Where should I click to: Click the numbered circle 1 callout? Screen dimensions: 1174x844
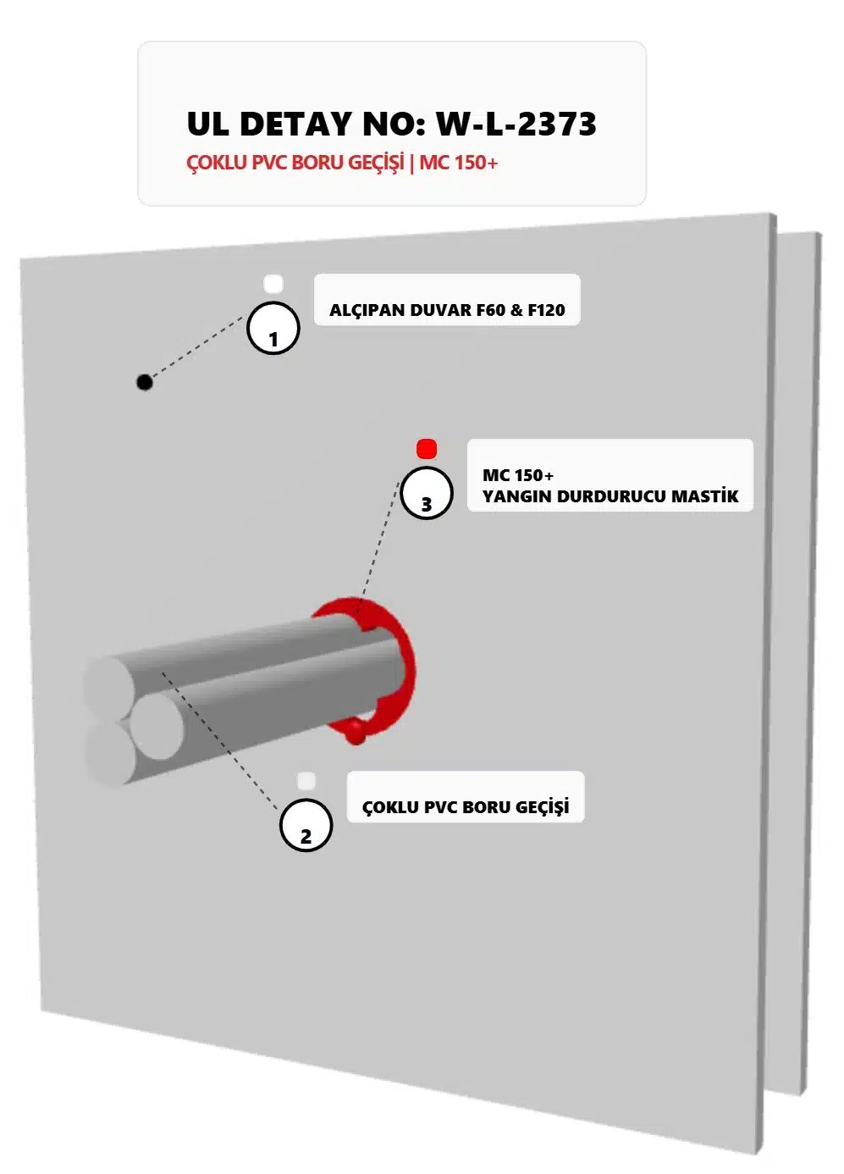(273, 328)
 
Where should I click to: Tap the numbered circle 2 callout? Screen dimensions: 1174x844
(306, 825)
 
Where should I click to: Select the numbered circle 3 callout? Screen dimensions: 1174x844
(427, 493)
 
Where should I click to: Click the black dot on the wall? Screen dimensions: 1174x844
(145, 382)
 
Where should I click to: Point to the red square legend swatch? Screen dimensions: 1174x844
(427, 448)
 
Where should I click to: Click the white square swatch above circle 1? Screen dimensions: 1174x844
(273, 284)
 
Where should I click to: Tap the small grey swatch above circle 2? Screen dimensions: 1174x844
(306, 780)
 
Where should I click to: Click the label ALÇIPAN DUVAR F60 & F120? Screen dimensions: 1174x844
(447, 310)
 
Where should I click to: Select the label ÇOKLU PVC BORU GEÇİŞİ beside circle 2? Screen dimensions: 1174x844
(466, 807)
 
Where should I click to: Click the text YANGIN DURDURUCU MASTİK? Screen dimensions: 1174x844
(610, 496)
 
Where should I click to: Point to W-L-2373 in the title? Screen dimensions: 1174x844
(516, 125)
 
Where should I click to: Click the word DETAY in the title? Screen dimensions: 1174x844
(295, 125)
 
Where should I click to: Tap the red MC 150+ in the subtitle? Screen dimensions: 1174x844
(458, 163)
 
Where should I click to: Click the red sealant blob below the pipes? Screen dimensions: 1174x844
(356, 734)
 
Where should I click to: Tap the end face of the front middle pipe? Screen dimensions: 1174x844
(157, 727)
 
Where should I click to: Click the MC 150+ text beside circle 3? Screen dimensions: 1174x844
(518, 475)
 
